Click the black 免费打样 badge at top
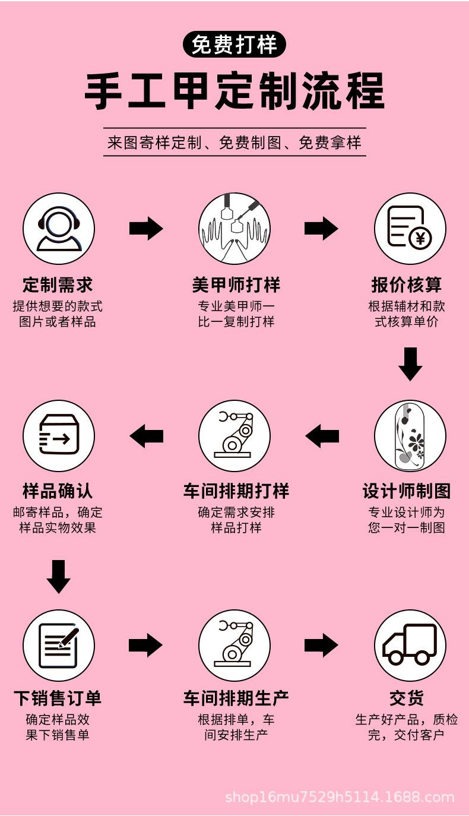pos(235,45)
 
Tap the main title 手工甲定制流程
pos(235,91)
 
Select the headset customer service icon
pos(59,229)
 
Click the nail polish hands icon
pos(235,229)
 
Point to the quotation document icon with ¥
pos(410,229)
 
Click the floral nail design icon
pos(410,436)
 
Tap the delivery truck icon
pos(410,645)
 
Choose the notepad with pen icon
pos(59,645)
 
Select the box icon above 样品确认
pos(59,436)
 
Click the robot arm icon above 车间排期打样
pos(235,436)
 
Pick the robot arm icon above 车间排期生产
pos(235,645)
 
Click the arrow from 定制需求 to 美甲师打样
pos(146,229)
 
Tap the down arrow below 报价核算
pos(410,364)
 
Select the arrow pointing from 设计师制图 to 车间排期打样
pos(322,437)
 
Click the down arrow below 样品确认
pos(58,576)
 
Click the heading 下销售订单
pos(58,698)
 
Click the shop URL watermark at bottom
pos(340,797)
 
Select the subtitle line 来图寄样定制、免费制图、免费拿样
pos(235,143)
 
